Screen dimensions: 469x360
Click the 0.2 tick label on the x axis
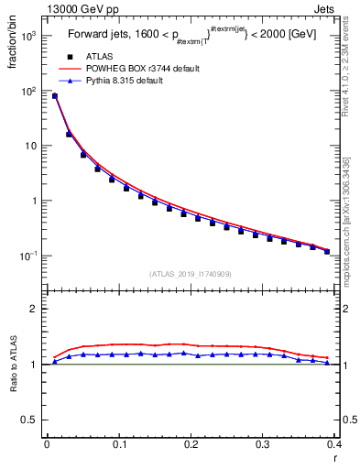point(191,444)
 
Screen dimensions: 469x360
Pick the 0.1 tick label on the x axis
point(118,444)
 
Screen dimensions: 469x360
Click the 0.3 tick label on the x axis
point(263,444)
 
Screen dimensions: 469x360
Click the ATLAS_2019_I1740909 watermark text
point(190,273)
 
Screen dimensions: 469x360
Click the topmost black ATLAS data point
point(55,95)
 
